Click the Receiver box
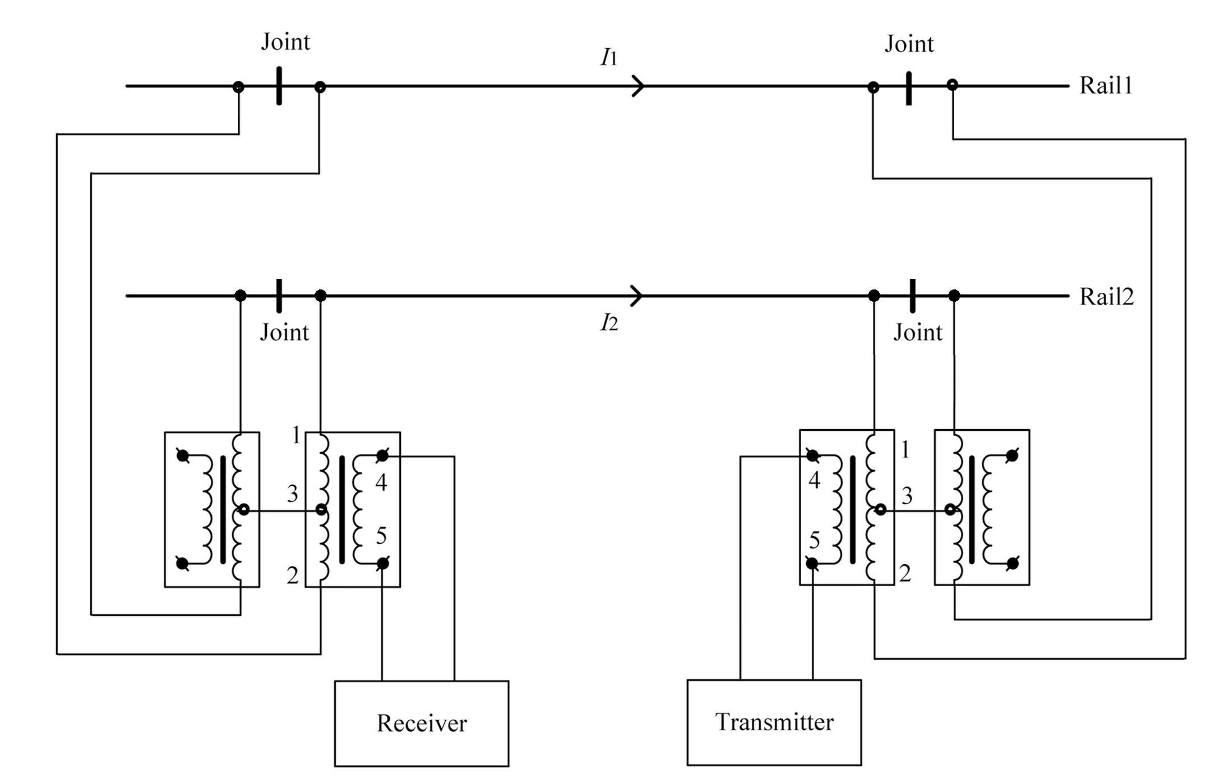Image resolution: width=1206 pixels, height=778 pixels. [422, 724]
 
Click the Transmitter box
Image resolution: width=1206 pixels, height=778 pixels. [774, 722]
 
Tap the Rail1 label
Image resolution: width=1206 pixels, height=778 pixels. [1106, 86]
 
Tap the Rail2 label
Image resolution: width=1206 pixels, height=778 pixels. [1106, 297]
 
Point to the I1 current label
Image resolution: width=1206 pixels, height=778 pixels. [609, 57]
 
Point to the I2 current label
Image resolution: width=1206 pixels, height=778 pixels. [609, 323]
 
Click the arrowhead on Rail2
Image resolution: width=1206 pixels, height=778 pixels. [637, 296]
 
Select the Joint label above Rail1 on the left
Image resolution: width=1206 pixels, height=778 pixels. [285, 42]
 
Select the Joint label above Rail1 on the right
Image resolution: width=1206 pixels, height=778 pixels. [909, 44]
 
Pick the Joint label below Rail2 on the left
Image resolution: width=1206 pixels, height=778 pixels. [284, 333]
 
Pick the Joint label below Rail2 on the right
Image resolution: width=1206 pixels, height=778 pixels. [918, 333]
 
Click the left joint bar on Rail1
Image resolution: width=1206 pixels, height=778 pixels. [279, 86]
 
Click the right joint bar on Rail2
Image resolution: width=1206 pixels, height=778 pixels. [913, 296]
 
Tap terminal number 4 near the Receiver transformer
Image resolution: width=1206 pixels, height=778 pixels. [381, 482]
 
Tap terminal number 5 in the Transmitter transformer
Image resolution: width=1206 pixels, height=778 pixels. [815, 540]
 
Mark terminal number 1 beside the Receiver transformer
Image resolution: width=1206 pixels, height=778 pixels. [296, 435]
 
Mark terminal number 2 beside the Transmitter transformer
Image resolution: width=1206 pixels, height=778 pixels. [905, 573]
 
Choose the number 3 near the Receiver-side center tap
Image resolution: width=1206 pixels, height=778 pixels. [292, 494]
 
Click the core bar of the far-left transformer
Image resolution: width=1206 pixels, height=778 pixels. [223, 509]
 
